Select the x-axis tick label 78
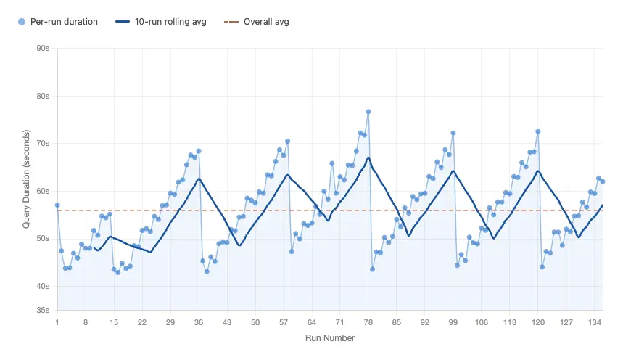[x=368, y=322]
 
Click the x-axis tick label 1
[x=57, y=322]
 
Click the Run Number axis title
[x=330, y=338]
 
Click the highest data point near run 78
[x=368, y=112]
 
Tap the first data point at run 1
[x=57, y=205]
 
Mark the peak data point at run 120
[x=538, y=131]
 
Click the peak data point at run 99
[x=453, y=133]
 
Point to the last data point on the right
[x=603, y=181]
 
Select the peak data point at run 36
[x=199, y=151]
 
